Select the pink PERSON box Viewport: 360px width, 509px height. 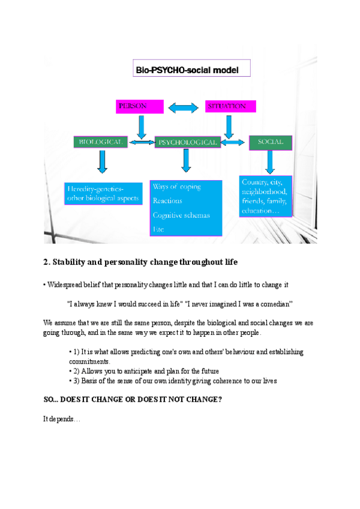(x=139, y=106)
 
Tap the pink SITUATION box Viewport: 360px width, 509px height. (x=230, y=106)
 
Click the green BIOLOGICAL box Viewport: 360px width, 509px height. (x=100, y=142)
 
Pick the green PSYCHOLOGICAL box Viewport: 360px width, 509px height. (x=187, y=142)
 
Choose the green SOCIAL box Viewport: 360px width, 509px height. (x=271, y=142)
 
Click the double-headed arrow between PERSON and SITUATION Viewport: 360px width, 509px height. (x=183, y=108)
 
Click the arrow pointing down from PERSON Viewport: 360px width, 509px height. (x=142, y=127)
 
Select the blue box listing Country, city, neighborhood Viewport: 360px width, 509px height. (x=265, y=196)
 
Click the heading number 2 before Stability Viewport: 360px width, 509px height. (x=46, y=262)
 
